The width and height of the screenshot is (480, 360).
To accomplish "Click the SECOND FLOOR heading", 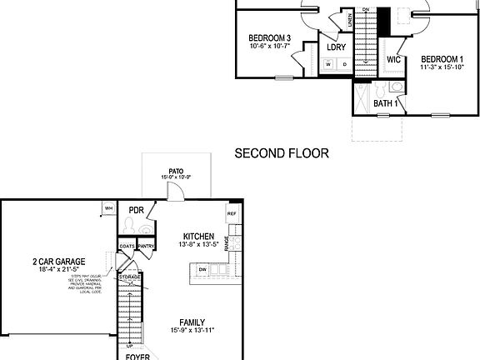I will coord(282,153).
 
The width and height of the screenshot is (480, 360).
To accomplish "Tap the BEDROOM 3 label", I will coord(269,38).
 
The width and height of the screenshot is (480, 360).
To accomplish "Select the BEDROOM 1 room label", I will coord(443,59).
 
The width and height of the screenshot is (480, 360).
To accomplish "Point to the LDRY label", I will coord(336,47).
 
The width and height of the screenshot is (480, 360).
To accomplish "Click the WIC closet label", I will coord(394,61).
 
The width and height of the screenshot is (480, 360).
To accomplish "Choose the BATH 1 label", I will coord(384,103).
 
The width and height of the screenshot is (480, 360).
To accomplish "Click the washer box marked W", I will coord(329,64).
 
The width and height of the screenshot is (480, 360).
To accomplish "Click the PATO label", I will coord(177,170).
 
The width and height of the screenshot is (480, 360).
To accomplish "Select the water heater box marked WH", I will coord(108,207).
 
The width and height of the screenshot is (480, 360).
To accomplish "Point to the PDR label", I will coord(137,210).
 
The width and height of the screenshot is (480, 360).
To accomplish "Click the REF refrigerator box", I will coord(232,213).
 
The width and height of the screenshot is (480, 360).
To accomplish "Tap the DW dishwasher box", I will coord(202,269).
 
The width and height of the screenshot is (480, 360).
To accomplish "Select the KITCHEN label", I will coord(199,237).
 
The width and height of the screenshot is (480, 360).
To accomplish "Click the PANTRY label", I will coord(146,246).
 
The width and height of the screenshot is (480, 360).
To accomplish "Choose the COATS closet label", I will coord(127,246).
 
